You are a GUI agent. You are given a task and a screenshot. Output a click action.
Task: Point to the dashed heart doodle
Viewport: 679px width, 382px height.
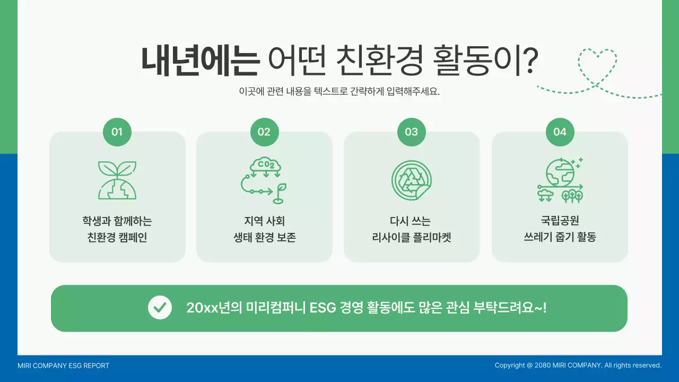pos(597,67)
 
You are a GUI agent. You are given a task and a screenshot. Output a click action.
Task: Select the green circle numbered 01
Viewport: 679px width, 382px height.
pos(117,132)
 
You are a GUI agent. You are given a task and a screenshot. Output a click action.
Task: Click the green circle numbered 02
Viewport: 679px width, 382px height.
pos(264,132)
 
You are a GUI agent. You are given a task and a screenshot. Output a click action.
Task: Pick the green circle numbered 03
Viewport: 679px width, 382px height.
pos(412,132)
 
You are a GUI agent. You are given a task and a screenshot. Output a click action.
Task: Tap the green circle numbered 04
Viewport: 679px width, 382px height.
pos(560,132)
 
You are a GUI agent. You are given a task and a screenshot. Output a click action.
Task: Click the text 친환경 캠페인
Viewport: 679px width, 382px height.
pos(117,237)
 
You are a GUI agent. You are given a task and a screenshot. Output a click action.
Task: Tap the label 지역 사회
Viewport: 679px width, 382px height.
pos(264,221)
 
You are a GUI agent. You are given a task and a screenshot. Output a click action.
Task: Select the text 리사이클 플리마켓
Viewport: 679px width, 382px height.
pos(412,237)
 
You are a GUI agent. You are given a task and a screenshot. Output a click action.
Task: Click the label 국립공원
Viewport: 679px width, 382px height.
pos(560,221)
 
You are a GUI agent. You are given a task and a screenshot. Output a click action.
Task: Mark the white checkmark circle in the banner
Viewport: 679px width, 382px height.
pos(160,308)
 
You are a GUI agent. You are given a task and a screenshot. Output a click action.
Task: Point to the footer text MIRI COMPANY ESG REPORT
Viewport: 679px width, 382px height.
pos(63,366)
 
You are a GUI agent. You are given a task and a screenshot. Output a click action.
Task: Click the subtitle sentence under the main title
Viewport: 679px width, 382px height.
pos(339,91)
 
